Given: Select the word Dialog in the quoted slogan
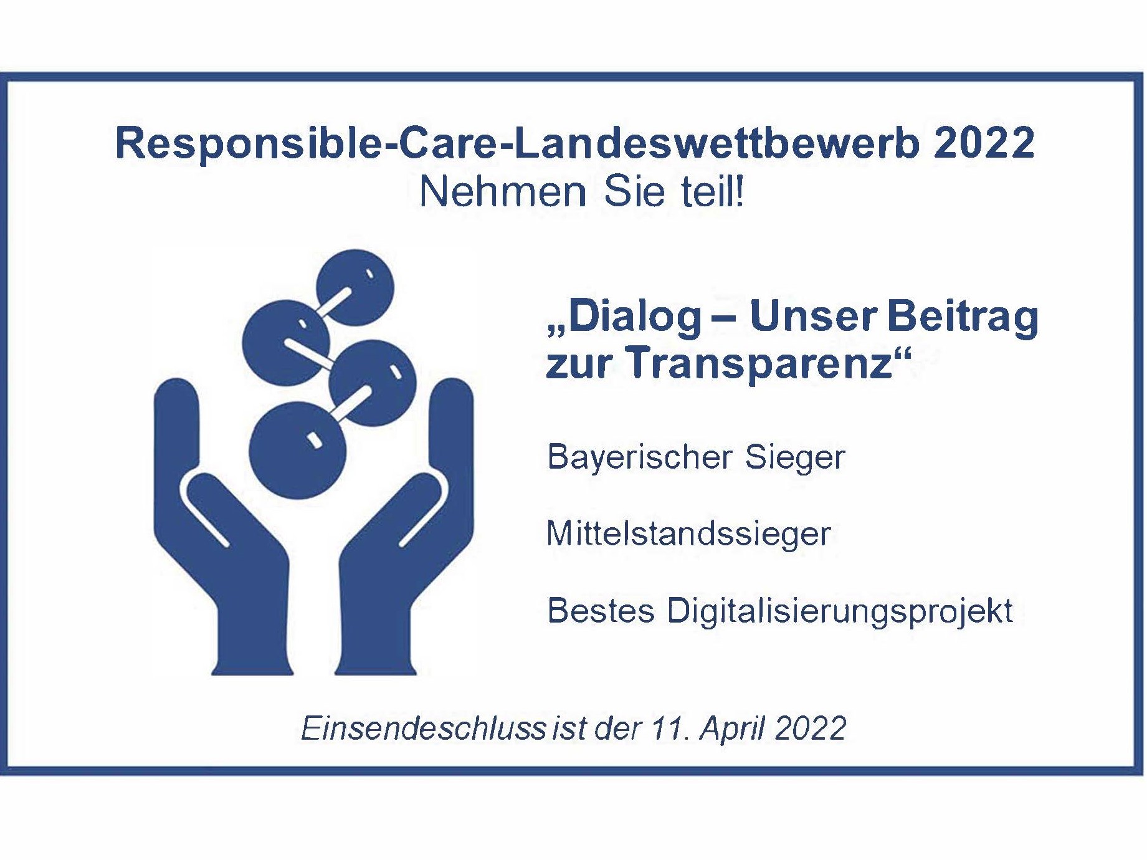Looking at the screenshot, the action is [x=635, y=318].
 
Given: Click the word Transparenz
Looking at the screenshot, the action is [x=759, y=364].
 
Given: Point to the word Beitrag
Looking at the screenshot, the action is [x=963, y=318].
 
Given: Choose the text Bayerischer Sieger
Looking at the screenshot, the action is [x=696, y=457].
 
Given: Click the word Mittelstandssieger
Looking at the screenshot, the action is [x=688, y=534].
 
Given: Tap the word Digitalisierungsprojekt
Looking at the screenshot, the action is [x=840, y=611].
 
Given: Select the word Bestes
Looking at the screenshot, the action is [x=601, y=610].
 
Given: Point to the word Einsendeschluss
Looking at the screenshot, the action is [x=424, y=728].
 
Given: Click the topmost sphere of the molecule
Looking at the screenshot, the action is [x=355, y=287].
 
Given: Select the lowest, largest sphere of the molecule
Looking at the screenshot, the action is [x=298, y=450].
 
